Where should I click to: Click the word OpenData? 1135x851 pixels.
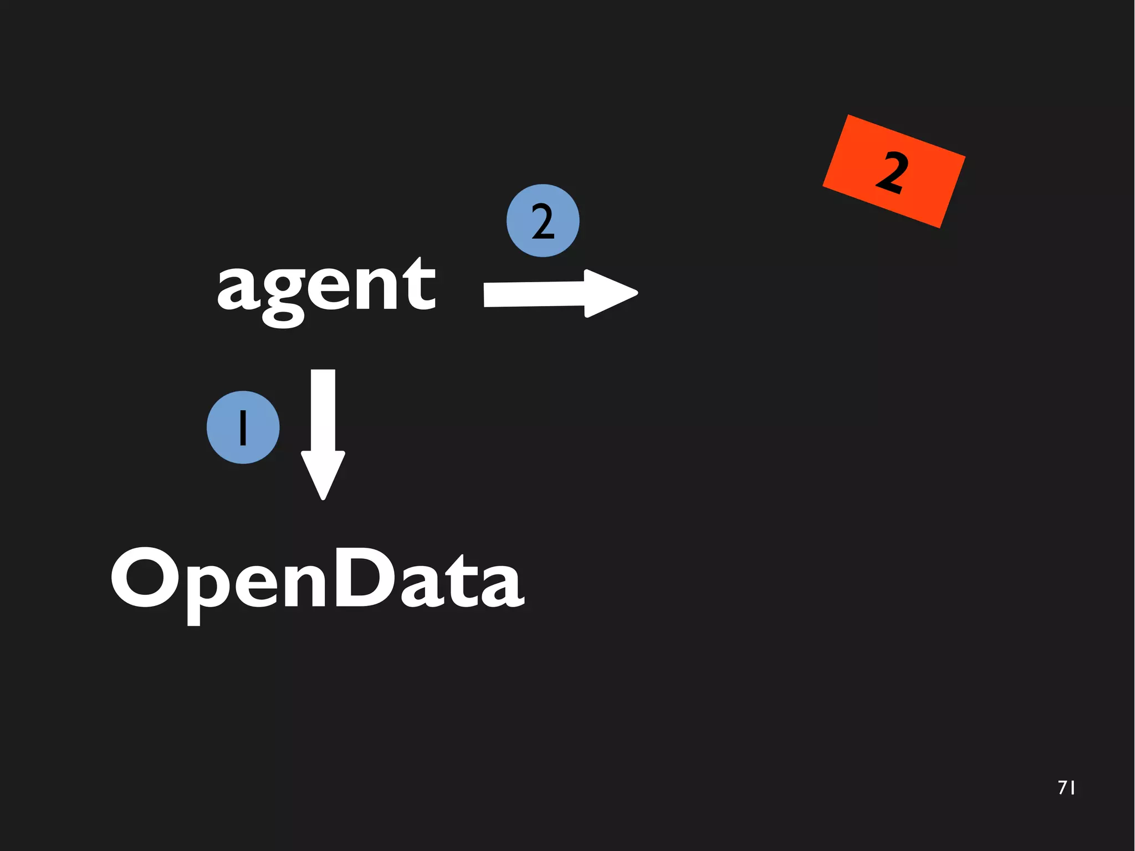coord(317,579)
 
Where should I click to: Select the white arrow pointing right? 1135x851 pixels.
coord(560,294)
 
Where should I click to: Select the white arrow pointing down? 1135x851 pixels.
coord(323,432)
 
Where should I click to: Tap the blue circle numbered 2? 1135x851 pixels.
coord(543,221)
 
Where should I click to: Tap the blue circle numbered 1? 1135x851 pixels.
coord(243,427)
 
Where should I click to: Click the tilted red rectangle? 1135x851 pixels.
coord(893,171)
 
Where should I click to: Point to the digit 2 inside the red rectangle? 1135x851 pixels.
coord(892,172)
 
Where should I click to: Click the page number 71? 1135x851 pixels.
coord(1066,788)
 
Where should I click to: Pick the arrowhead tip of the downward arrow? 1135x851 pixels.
coord(323,497)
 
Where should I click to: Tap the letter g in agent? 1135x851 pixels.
coord(284,297)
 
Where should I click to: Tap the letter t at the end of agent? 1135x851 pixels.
coord(419,286)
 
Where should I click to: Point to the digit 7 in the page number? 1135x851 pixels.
coord(1062,788)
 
